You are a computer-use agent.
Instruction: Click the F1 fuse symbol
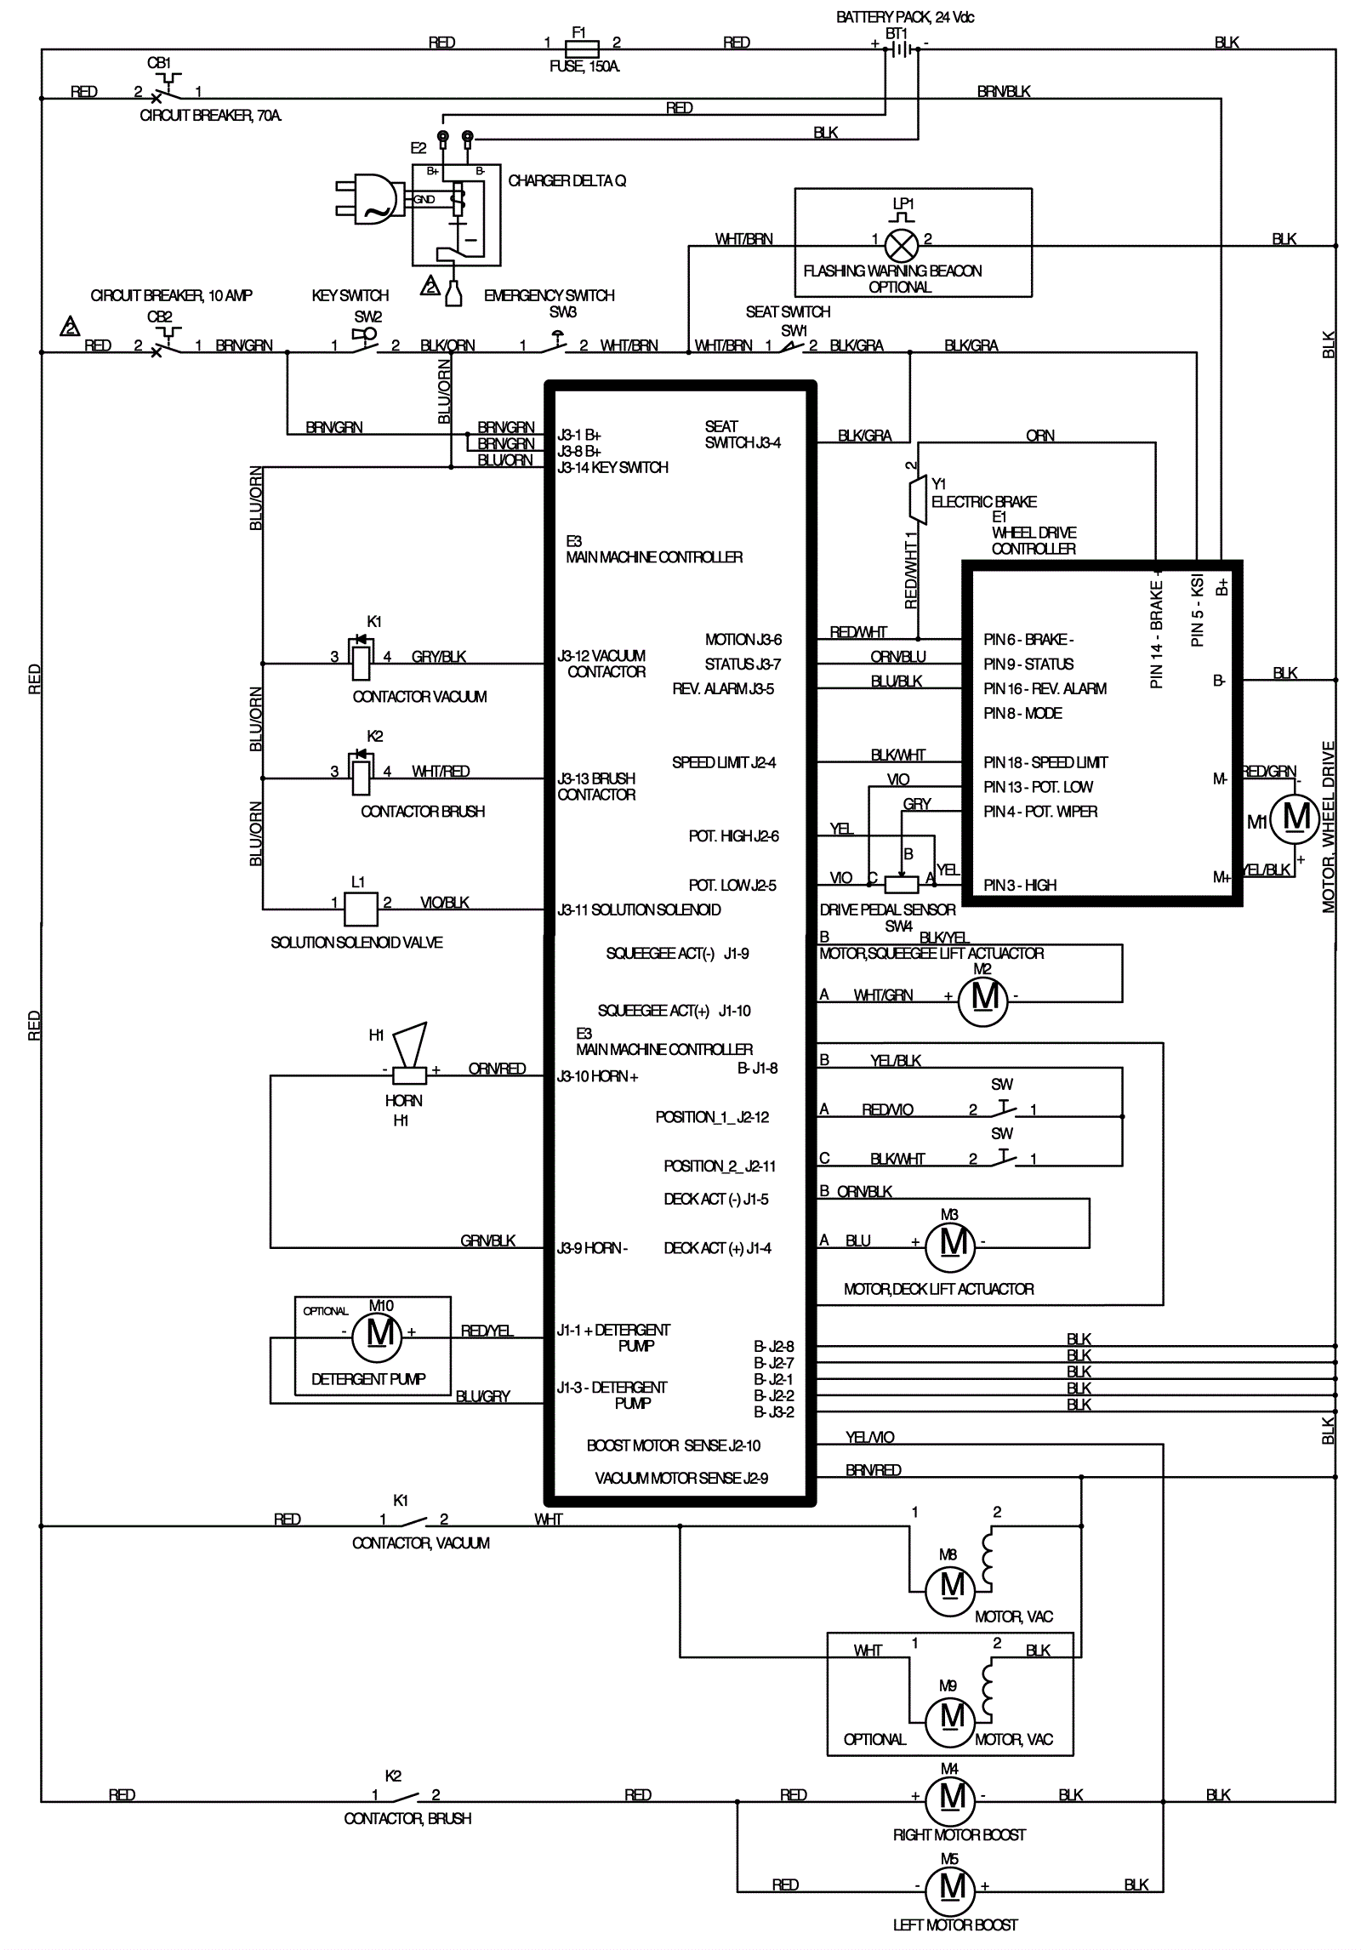582,48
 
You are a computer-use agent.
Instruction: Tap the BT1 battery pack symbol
902,49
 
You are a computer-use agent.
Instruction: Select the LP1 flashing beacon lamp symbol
901,246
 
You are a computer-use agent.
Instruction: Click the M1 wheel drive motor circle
1295,819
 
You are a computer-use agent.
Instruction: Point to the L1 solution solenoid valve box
361,909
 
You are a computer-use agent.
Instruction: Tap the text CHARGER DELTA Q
567,181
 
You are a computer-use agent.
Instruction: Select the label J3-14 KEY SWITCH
612,468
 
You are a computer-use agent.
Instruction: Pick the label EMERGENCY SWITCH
549,296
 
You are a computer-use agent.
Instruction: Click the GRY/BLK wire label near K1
438,657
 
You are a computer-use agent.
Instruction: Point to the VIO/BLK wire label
444,903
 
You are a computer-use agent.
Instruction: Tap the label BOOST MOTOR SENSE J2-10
673,1445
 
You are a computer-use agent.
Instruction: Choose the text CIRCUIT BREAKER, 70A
210,116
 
